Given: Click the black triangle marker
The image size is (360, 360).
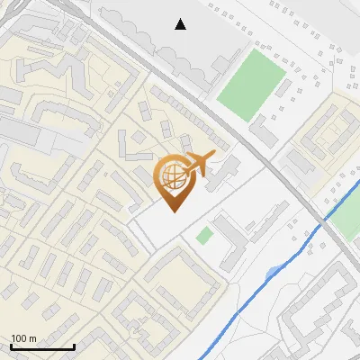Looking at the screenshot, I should coord(181,24).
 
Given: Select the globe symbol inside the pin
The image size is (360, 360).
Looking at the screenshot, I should coord(174,176).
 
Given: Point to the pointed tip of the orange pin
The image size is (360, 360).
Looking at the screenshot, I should coord(174,211).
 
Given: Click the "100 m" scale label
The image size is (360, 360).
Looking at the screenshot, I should coord(23,338).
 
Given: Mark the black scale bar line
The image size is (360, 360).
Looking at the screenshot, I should coord(41,346).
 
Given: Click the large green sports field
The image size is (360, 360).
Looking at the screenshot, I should coord(249,83).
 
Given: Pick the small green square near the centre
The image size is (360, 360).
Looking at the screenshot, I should coord(205,236).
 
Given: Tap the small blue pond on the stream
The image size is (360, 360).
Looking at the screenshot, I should coord(273,272).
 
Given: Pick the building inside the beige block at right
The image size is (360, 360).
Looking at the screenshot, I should coord(329,134).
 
